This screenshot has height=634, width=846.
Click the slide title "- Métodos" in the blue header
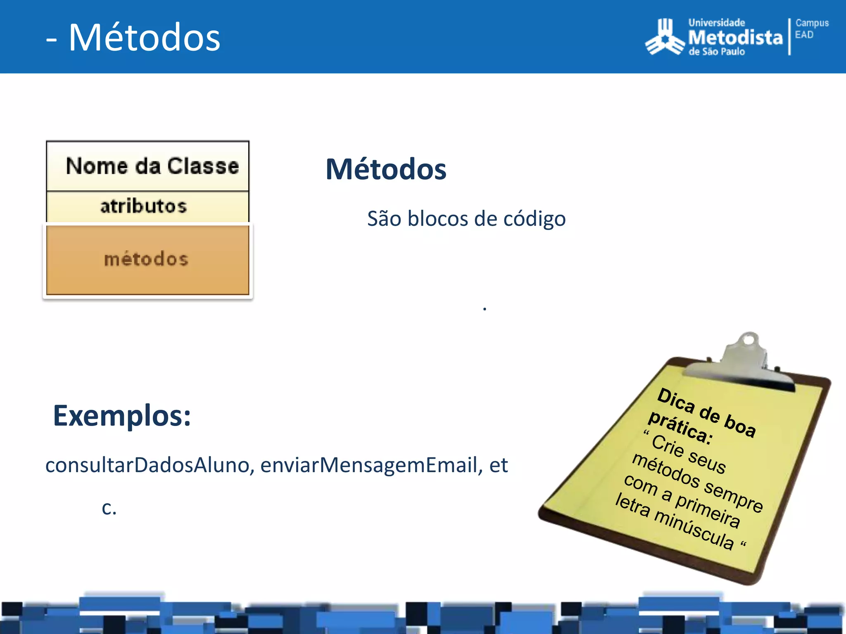point(133,38)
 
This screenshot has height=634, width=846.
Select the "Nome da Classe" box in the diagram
point(148,166)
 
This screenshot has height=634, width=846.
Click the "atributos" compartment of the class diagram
point(144,206)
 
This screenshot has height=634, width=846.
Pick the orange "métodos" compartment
point(147,259)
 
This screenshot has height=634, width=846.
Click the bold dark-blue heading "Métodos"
point(386,169)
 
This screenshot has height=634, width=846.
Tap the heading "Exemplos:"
point(122,416)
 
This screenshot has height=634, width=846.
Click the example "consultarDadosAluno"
point(147,465)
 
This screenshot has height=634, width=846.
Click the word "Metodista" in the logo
point(735,38)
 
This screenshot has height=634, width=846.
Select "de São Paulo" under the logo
point(717,52)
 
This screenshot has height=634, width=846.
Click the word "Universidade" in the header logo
point(717,23)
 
